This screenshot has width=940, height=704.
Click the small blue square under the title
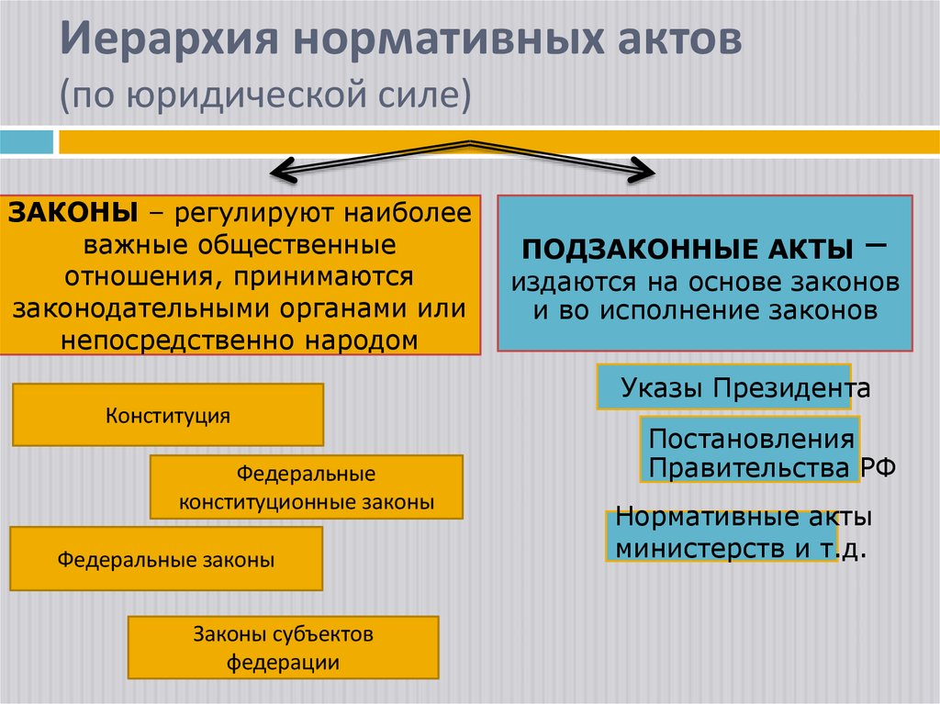[x=27, y=143]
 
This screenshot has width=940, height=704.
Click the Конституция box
[x=168, y=415]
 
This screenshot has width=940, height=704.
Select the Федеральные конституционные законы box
[x=307, y=488]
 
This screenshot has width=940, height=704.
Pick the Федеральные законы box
[x=166, y=559]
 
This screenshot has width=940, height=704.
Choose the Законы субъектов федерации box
[x=284, y=648]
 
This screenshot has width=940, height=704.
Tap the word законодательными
[x=132, y=307]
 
